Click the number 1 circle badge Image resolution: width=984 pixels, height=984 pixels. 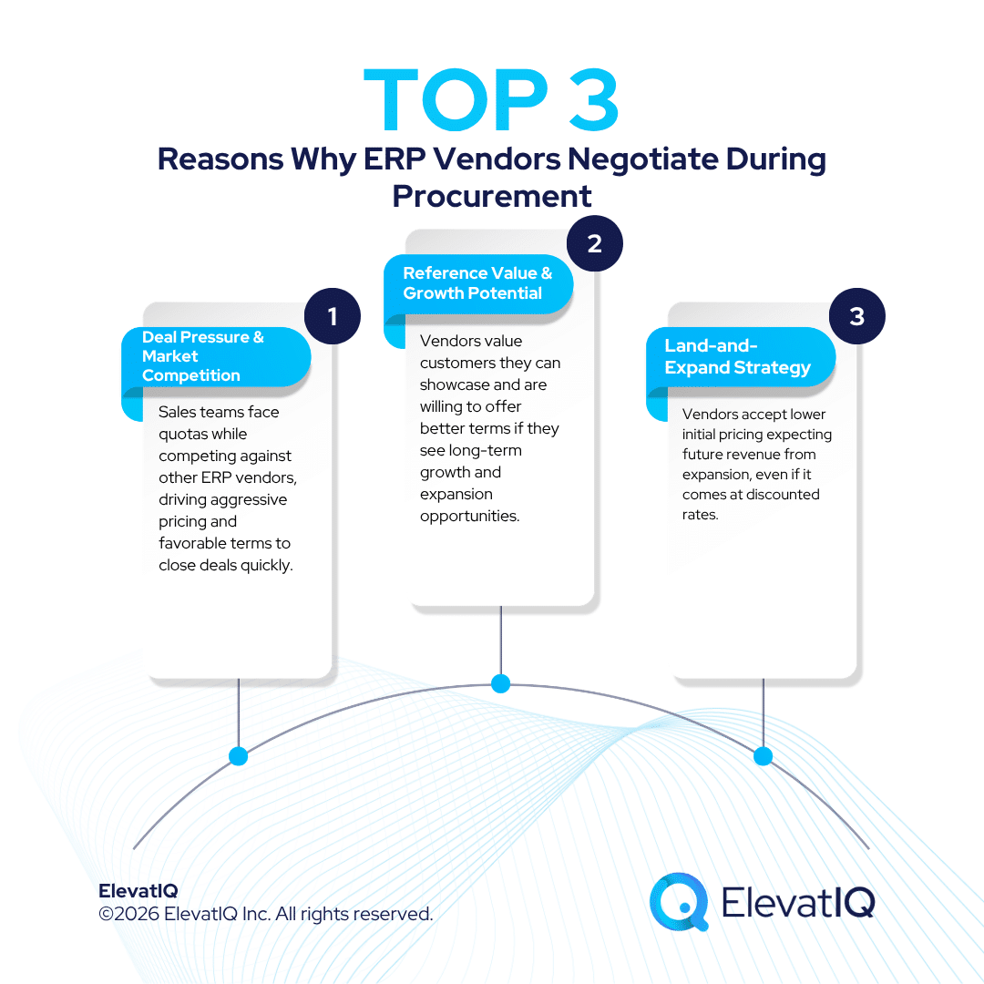click(333, 317)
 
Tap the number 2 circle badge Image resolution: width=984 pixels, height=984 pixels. click(595, 244)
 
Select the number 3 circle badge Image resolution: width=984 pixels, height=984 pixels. click(856, 317)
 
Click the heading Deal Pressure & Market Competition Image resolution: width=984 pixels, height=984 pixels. click(204, 356)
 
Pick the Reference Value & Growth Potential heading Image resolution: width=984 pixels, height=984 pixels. click(477, 283)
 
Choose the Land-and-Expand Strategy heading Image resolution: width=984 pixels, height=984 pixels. click(737, 357)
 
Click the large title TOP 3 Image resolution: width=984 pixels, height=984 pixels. click(492, 100)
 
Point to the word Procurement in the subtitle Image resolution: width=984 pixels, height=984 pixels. click(492, 196)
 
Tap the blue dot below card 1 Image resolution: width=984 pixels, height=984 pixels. click(239, 756)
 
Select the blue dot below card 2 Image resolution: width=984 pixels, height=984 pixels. click(500, 683)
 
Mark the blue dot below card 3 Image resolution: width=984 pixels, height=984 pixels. click(764, 756)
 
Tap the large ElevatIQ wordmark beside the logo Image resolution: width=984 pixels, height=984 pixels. click(797, 902)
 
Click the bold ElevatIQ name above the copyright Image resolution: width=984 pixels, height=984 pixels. click(138, 891)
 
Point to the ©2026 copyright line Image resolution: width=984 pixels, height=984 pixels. click(265, 914)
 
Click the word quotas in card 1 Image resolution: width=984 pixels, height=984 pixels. click(184, 435)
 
